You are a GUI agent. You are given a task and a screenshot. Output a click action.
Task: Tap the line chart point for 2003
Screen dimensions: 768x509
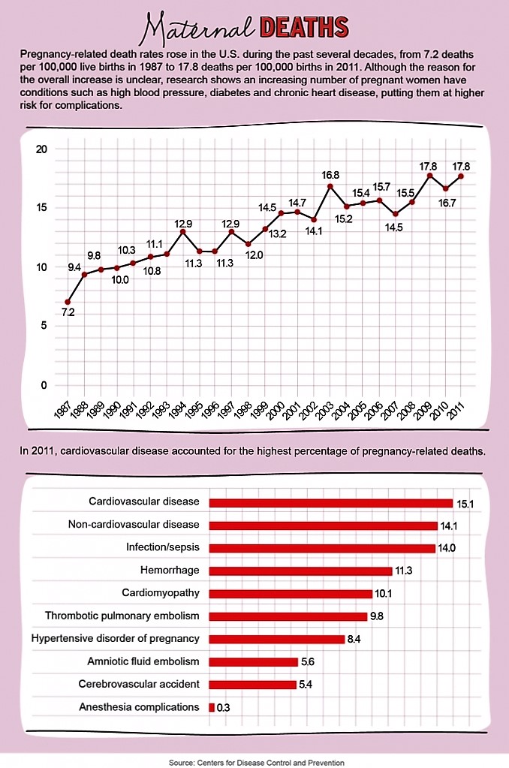point(330,185)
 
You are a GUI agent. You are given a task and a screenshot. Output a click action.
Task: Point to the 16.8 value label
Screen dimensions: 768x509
point(331,175)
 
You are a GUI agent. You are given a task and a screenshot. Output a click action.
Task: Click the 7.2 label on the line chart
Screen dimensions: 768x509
point(68,312)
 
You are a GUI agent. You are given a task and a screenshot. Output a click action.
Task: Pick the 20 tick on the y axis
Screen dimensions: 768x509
point(41,149)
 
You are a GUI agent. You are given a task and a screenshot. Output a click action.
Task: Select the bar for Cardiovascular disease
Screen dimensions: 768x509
point(330,503)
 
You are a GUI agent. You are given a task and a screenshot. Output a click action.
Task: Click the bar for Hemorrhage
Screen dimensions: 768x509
point(300,571)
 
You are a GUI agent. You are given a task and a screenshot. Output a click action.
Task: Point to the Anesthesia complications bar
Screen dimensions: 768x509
point(212,707)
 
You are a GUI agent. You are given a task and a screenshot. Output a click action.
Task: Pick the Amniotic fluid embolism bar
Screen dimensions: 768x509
point(253,661)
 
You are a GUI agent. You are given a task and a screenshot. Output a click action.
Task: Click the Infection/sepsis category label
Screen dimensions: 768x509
point(163,547)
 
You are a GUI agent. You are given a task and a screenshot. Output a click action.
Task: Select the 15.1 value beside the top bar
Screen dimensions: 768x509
point(466,503)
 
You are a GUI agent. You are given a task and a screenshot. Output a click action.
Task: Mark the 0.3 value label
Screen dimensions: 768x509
point(223,708)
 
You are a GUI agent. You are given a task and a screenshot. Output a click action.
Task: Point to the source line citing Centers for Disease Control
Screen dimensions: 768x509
point(256,762)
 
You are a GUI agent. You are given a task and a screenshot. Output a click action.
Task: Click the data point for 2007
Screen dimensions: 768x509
point(396,214)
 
